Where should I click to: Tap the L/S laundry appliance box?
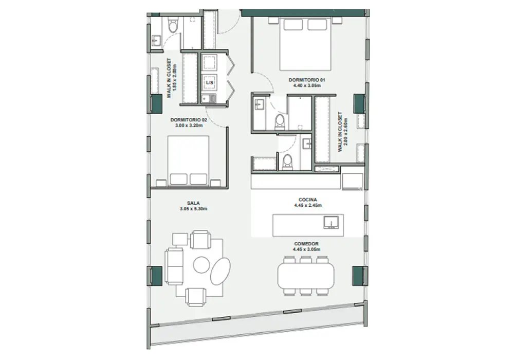pos(210,83)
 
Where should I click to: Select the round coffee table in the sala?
pos(201,265)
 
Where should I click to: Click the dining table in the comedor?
pos(306,276)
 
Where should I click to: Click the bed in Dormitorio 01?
pos(305,44)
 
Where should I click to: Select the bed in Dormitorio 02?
pos(189,160)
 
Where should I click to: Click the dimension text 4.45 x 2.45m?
pos(308,206)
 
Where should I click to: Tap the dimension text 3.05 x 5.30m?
pos(193,209)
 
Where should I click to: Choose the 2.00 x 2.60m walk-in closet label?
pos(342,132)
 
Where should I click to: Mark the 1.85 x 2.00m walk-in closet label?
pos(172,78)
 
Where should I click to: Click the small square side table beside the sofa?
pos(180,239)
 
